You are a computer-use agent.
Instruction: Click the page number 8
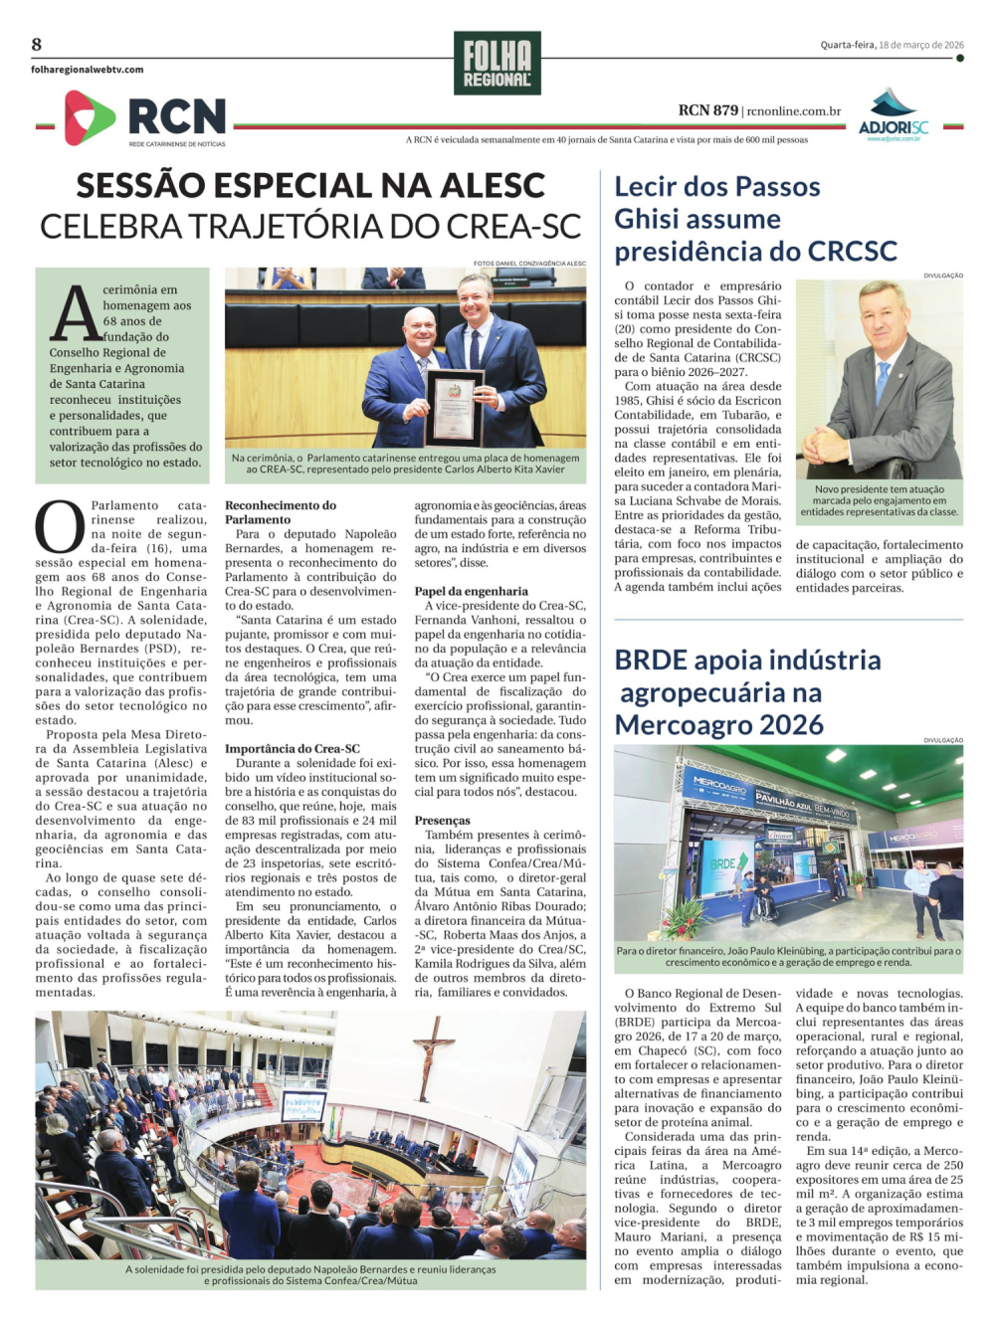pos(37,44)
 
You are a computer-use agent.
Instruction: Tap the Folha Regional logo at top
pos(497,63)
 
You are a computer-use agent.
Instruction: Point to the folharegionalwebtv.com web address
pos(87,70)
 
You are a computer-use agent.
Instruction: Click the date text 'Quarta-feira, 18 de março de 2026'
pos(892,45)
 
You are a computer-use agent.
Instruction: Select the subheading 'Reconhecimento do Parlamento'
pos(281,512)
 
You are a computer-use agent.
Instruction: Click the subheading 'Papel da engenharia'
pos(472,591)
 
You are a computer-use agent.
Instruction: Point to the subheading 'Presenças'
pos(443,821)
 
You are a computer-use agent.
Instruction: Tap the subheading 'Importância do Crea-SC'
pos(293,749)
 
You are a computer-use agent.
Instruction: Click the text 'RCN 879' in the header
pos(708,110)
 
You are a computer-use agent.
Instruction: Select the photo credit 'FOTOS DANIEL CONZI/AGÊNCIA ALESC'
pos(529,264)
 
